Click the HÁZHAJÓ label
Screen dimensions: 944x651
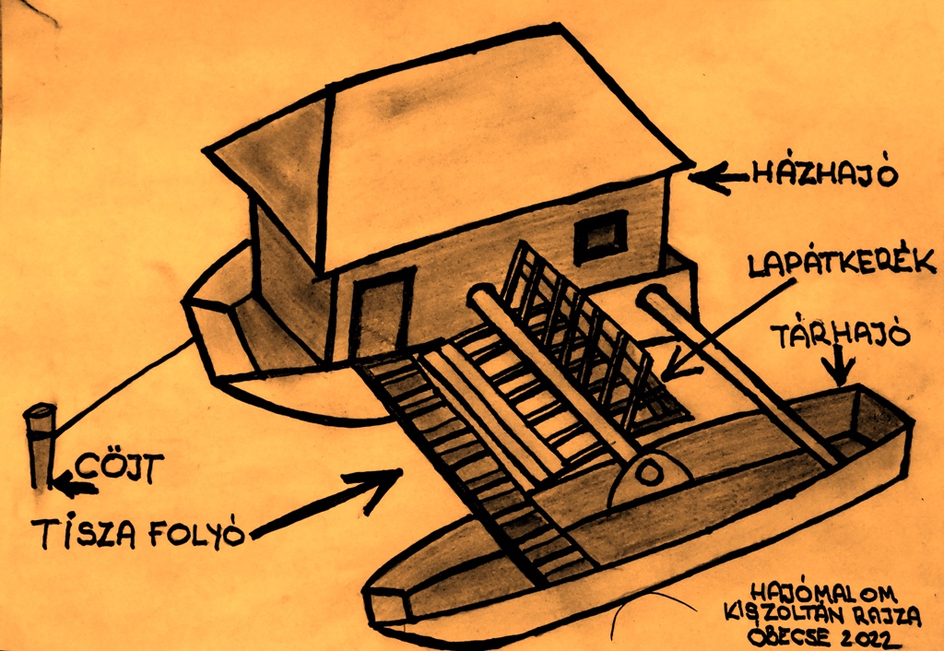pyautogui.click(x=825, y=174)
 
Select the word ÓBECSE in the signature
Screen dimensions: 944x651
pyautogui.click(x=790, y=636)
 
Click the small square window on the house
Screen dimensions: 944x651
pyautogui.click(x=601, y=237)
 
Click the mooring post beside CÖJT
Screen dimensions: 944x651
pyautogui.click(x=41, y=445)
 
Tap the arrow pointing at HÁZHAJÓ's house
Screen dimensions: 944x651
pyautogui.click(x=719, y=176)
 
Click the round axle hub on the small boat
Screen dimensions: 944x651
pyautogui.click(x=649, y=473)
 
